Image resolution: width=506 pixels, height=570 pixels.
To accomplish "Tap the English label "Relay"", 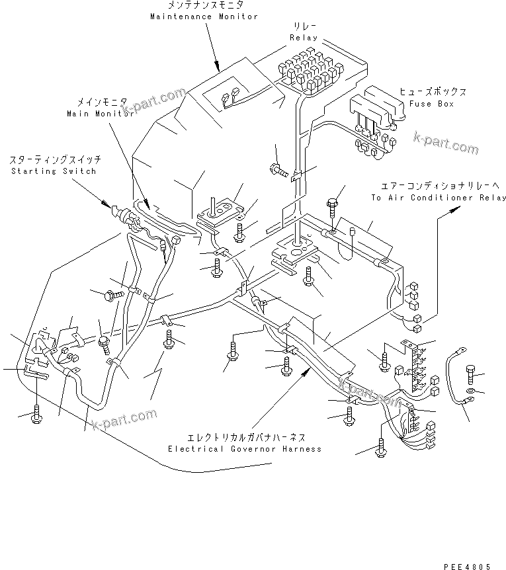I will point(305,38).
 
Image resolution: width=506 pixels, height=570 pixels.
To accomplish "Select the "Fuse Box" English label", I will point(431,104).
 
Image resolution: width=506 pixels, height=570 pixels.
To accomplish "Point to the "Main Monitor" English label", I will point(100,113).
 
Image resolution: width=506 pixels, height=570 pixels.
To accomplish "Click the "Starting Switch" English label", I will point(52,171).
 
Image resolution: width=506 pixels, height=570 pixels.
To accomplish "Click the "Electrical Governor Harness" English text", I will point(244,449).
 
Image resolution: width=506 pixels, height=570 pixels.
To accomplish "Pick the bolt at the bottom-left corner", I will point(37,413).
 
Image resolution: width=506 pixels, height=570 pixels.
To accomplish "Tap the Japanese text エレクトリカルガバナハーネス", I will point(244,438).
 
